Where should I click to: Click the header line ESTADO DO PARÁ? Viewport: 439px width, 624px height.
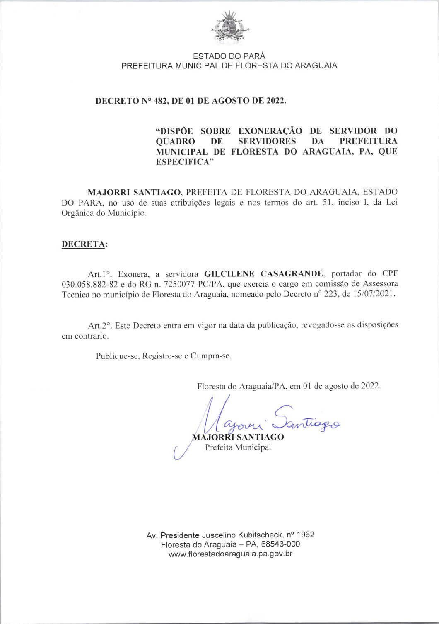[x=229, y=56]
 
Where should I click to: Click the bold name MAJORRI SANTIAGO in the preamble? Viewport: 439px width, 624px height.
[x=135, y=192]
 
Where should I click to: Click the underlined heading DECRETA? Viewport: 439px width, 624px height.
[x=84, y=244]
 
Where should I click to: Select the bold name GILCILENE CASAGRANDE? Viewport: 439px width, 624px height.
[x=264, y=274]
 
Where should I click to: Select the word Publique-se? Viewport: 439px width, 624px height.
[x=118, y=356]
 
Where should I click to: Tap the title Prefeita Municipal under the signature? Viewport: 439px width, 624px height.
[x=238, y=447]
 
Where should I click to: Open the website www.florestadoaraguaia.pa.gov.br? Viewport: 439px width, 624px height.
[x=231, y=554]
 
